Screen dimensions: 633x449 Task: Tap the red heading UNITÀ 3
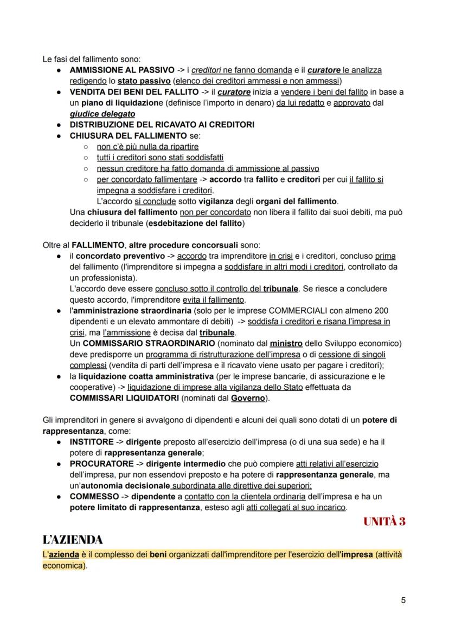click(384, 521)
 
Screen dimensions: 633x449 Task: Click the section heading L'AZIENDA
click(72, 539)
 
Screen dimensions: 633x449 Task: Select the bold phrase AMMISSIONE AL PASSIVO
click(122, 70)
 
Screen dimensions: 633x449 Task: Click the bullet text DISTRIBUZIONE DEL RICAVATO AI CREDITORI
click(162, 125)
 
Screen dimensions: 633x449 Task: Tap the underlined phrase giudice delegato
click(102, 114)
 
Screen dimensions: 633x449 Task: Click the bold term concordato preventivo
click(120, 256)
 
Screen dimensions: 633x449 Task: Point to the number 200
click(396, 310)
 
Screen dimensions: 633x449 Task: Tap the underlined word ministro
click(286, 343)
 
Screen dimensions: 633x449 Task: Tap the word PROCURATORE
click(101, 464)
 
